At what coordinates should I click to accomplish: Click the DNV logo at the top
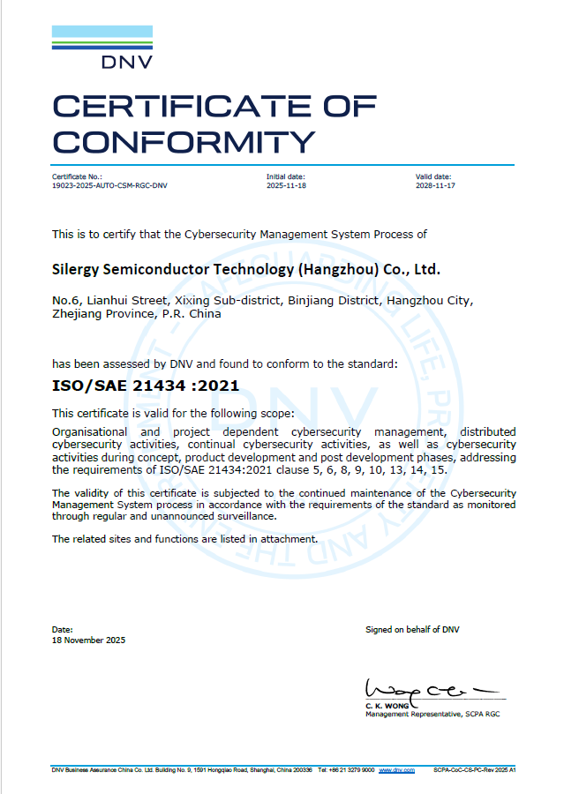pyautogui.click(x=102, y=47)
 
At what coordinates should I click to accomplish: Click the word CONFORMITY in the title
pyautogui.click(x=184, y=140)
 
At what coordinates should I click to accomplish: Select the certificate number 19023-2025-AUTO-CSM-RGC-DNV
pyautogui.click(x=109, y=185)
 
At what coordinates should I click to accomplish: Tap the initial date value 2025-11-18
pyautogui.click(x=286, y=185)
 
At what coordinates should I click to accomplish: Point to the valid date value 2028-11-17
pyautogui.click(x=435, y=185)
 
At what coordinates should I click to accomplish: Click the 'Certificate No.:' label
pyautogui.click(x=77, y=177)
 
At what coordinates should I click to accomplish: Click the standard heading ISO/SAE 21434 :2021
pyautogui.click(x=146, y=386)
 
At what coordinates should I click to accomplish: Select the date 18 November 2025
pyautogui.click(x=88, y=640)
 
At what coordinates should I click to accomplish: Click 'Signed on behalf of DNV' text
pyautogui.click(x=412, y=629)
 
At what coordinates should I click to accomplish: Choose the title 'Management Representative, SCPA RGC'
pyautogui.click(x=432, y=713)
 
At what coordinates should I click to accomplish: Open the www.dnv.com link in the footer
pyautogui.click(x=397, y=770)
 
